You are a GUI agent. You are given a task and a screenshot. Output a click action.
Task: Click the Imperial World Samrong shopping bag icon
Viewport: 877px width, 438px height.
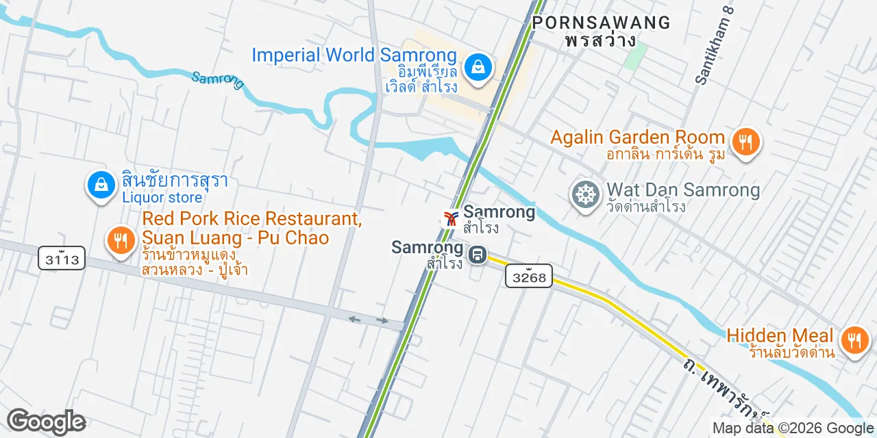(x=478, y=67)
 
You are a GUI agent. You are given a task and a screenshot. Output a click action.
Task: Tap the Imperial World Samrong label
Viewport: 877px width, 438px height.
(x=354, y=55)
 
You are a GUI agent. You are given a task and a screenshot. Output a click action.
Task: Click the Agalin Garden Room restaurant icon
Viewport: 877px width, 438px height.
(x=743, y=142)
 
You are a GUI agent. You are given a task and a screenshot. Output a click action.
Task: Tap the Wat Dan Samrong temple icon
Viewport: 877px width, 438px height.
(x=586, y=195)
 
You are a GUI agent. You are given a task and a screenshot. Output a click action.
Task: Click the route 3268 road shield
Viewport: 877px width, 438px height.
(x=529, y=276)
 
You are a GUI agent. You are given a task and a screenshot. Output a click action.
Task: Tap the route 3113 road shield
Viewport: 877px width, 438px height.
(x=62, y=258)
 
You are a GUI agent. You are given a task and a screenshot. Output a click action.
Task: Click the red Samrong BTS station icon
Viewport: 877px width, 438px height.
(x=450, y=218)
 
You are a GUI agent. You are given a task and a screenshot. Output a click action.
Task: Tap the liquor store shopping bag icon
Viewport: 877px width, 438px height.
(x=101, y=185)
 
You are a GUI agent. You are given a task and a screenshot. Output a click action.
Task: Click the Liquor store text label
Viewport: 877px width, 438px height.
(x=162, y=198)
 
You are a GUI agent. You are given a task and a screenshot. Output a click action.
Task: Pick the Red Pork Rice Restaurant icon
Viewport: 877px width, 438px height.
(x=121, y=240)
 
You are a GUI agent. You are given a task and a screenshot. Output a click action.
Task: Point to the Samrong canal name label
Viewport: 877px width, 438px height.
(x=218, y=79)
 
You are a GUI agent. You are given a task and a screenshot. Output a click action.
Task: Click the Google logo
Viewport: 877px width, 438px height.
(x=46, y=422)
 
